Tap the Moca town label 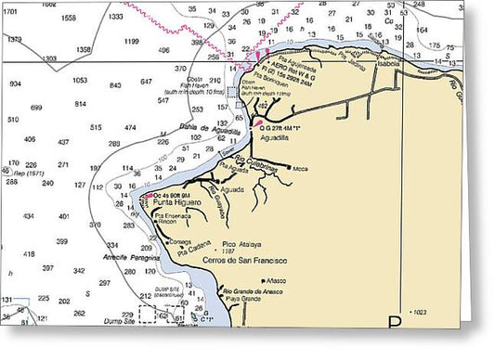[300, 168]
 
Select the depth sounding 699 [37, 108]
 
